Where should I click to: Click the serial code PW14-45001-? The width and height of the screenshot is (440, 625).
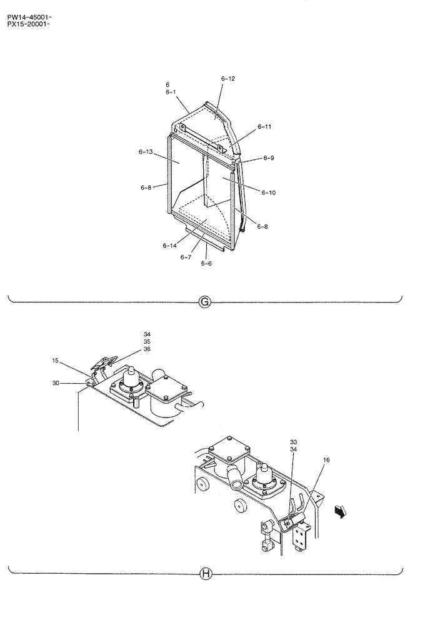tap(29, 9)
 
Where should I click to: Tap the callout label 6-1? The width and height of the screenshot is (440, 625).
tap(171, 92)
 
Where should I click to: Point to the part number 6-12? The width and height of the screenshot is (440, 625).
tap(228, 79)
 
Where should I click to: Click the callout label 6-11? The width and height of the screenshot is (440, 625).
tap(264, 127)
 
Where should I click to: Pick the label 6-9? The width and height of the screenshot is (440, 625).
tap(268, 158)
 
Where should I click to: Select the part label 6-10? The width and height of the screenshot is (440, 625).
tap(269, 192)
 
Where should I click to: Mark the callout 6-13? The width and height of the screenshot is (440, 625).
tap(146, 152)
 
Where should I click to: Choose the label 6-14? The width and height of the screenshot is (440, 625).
tap(169, 246)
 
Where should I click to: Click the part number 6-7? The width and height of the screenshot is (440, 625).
tap(185, 257)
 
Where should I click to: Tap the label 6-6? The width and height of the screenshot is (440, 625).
tap(206, 263)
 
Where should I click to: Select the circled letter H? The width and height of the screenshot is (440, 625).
tap(204, 572)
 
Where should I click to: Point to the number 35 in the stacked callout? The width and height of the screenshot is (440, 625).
tap(147, 342)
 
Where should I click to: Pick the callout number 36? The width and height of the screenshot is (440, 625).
tap(147, 349)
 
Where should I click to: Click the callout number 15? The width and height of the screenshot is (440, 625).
tap(56, 361)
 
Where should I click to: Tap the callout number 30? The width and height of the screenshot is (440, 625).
tap(56, 383)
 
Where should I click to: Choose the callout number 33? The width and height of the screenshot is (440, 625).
tap(293, 442)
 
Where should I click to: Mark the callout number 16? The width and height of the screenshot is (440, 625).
tap(326, 460)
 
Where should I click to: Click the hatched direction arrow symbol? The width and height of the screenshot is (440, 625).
tap(339, 512)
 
